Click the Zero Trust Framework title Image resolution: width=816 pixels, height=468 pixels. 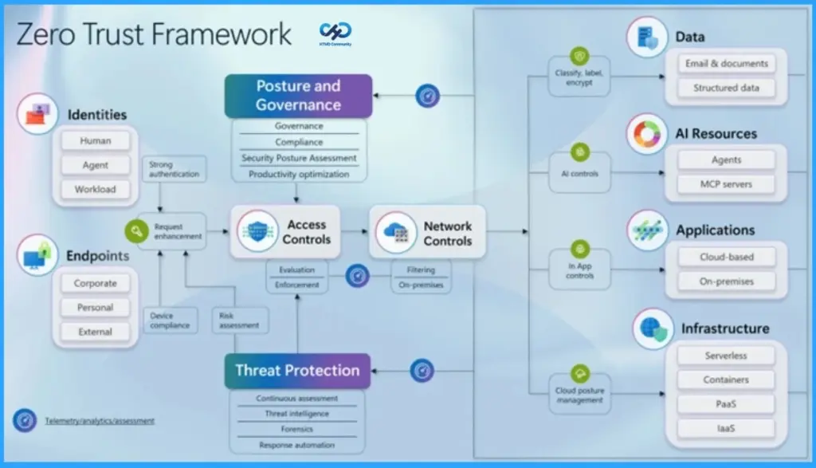pyautogui.click(x=154, y=34)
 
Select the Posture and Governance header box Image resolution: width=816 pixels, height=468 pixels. pyautogui.click(x=298, y=96)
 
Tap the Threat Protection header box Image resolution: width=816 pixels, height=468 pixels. pyautogui.click(x=297, y=371)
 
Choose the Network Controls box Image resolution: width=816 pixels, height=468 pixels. pyautogui.click(x=427, y=232)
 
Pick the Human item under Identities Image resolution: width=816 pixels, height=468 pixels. pyautogui.click(x=96, y=141)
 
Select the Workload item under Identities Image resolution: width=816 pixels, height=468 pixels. pyautogui.click(x=96, y=190)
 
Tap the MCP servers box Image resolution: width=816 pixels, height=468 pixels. pyautogui.click(x=726, y=184)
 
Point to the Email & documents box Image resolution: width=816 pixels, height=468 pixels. pyautogui.click(x=726, y=64)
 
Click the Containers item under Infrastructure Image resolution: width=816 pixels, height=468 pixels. pyautogui.click(x=726, y=380)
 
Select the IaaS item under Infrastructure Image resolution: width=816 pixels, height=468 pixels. pyautogui.click(x=726, y=428)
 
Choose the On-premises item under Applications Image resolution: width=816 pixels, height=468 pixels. pyautogui.click(x=726, y=281)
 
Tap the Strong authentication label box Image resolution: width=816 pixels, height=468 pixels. pyautogui.click(x=171, y=169)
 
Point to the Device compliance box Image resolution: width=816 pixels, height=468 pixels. pyautogui.click(x=170, y=321)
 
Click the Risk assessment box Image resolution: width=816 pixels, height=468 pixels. pyautogui.click(x=239, y=321)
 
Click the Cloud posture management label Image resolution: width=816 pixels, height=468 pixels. pyautogui.click(x=579, y=395)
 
